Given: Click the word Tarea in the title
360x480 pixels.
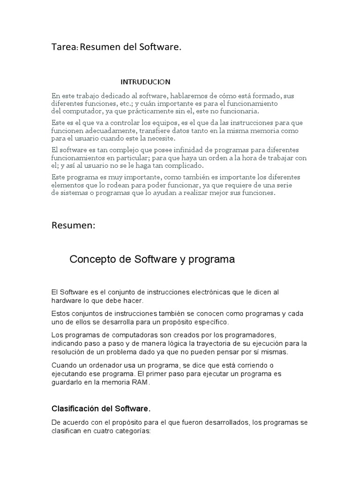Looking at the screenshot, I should (x=64, y=47).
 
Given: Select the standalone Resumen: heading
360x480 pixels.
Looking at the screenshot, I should (x=73, y=225).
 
